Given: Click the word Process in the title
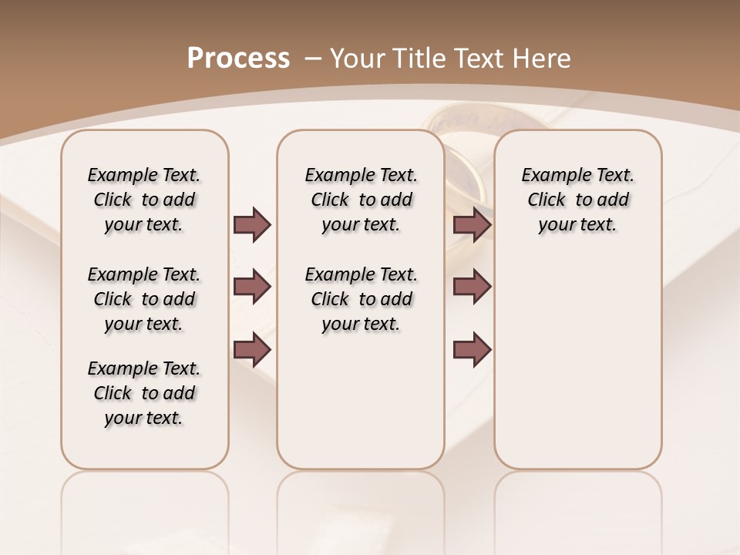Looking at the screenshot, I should pos(238,59).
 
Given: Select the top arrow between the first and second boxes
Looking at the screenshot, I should pos(252,224).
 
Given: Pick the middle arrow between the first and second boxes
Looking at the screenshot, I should pos(252,287).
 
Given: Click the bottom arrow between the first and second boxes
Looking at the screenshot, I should pos(252,350).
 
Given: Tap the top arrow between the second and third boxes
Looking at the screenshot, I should pos(472,224).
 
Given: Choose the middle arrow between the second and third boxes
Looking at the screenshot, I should pos(472,287).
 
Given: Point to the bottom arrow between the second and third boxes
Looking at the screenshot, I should pos(472,350).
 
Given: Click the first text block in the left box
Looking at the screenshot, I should pos(144,200).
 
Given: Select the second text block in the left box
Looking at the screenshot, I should pos(144,299).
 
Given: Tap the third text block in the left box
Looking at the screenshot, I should pos(144,393).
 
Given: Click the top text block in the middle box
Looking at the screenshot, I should pos(361,200).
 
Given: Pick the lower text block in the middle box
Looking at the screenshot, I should pos(361,299).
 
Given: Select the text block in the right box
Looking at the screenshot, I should pos(577,200).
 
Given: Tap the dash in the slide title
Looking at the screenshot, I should pos(313,59).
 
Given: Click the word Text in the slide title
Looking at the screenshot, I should pos(479,59).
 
